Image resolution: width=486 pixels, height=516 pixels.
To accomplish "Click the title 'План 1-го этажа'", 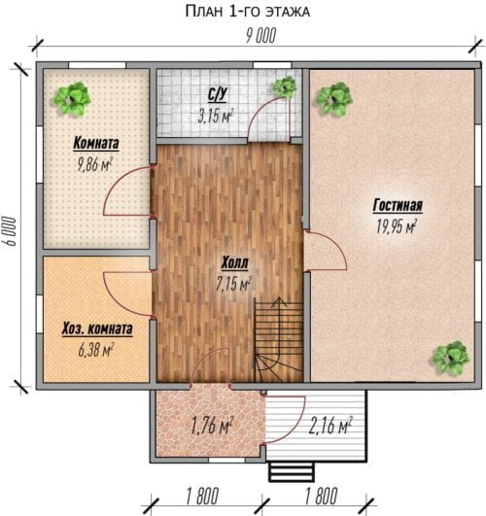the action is tap(248, 12).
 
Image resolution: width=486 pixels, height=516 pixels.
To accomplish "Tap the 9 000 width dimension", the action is tap(260, 36).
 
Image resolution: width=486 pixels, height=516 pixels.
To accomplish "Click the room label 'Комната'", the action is tap(96, 144).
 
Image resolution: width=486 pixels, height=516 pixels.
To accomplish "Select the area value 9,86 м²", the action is tap(95, 164).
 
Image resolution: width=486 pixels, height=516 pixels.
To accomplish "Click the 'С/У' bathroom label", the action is tap(218, 95).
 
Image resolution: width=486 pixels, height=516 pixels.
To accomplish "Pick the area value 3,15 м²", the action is tap(216, 116).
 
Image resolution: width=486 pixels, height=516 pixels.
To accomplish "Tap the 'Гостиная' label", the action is tap(398, 206).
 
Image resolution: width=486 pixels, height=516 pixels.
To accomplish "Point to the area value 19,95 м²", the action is tap(397, 226).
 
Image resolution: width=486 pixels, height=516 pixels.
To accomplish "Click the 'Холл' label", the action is tap(234, 263).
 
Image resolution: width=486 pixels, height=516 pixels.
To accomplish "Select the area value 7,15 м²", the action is tap(234, 284).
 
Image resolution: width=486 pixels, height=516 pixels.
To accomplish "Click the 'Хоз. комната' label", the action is tap(97, 329).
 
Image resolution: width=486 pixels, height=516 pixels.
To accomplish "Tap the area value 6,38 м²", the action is tap(96, 350).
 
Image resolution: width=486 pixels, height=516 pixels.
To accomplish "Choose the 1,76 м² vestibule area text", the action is tap(213, 426).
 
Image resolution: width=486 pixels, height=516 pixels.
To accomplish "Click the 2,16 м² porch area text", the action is tap(330, 426).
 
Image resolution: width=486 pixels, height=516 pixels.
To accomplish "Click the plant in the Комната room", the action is tap(73, 99).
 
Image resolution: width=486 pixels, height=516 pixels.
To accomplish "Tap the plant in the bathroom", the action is tap(285, 86).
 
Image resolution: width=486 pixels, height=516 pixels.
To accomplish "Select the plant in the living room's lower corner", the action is tap(450, 358).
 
